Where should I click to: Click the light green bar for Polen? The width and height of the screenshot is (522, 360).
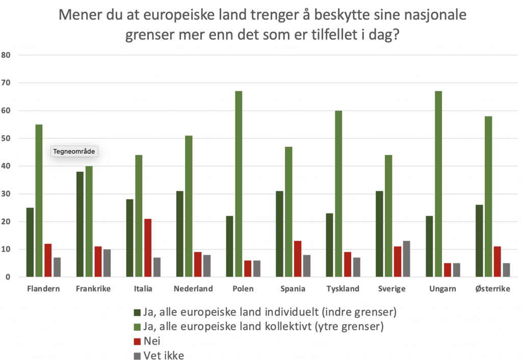coord(239,184)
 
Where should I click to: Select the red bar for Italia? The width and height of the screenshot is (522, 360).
coord(148,248)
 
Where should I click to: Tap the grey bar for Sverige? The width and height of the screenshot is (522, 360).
coord(406,259)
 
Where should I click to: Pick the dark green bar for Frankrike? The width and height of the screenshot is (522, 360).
coord(80,224)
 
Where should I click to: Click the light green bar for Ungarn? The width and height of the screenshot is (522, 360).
coord(438,184)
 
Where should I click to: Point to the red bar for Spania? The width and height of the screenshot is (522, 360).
coord(298,259)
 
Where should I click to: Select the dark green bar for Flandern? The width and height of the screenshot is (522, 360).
coord(30,242)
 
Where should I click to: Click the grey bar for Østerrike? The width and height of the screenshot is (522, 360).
coord(506,270)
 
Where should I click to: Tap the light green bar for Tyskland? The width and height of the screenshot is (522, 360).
coord(338,194)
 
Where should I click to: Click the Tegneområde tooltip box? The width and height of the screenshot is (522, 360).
coord(75,151)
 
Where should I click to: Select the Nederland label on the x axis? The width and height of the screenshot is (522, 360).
coord(193,289)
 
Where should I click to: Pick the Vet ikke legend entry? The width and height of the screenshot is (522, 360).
coord(164,355)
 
